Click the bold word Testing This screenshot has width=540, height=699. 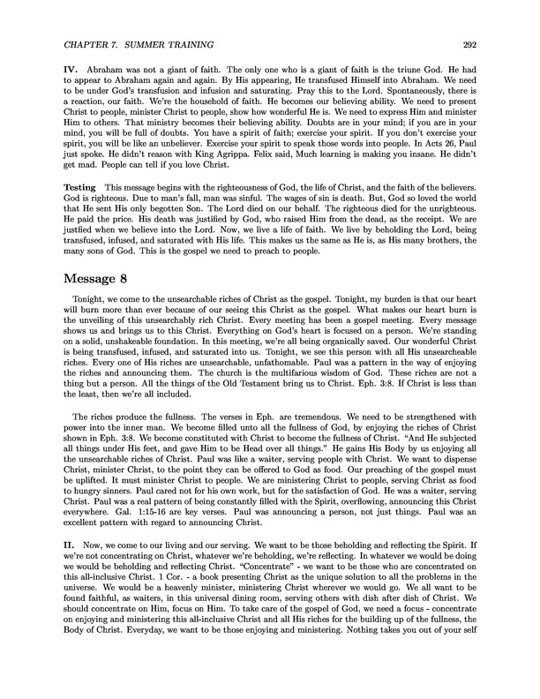point(85,214)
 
